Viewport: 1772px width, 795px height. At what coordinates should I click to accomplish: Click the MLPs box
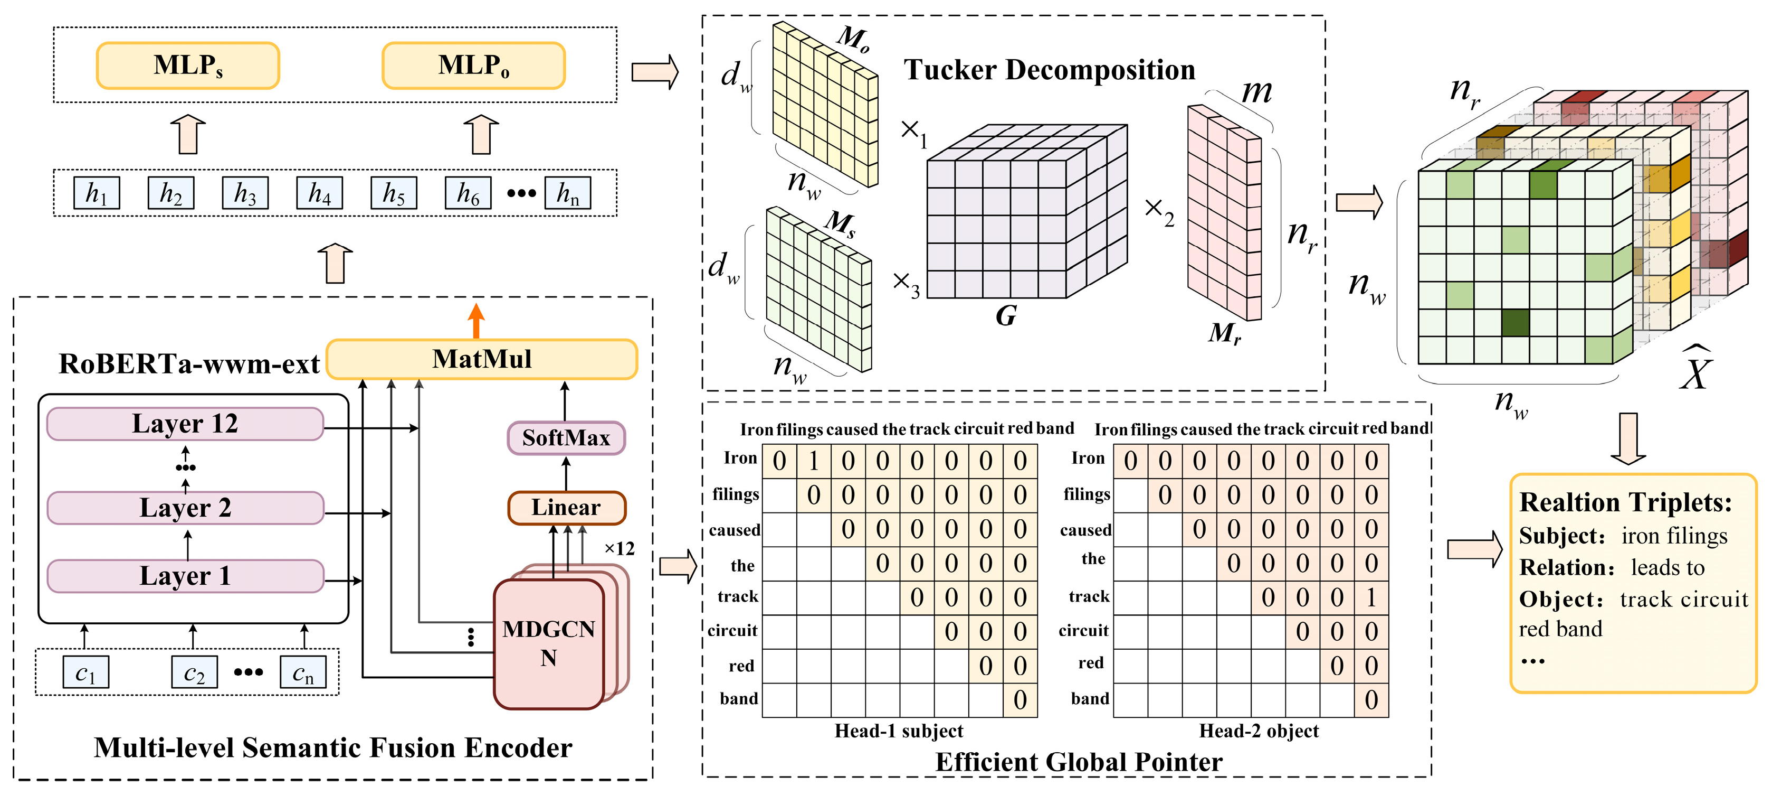pyautogui.click(x=187, y=66)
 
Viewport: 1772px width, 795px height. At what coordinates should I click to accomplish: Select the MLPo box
pyautogui.click(x=473, y=66)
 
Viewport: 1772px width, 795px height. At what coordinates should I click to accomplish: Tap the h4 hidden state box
pyautogui.click(x=319, y=193)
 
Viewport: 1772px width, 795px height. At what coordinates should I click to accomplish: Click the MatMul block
pyautogui.click(x=481, y=359)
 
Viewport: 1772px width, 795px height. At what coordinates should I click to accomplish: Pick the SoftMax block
pyautogui.click(x=566, y=438)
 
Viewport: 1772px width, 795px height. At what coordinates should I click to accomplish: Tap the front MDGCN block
pyautogui.click(x=548, y=643)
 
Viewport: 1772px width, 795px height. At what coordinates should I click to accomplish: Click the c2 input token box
pyautogui.click(x=194, y=672)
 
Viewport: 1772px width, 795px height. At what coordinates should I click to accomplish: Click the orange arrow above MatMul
pyautogui.click(x=476, y=320)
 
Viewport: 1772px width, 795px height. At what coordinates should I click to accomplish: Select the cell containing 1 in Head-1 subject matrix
pyautogui.click(x=814, y=461)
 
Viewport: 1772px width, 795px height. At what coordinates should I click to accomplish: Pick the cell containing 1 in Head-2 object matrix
pyautogui.click(x=1371, y=597)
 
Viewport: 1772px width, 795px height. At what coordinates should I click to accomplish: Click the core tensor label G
pyautogui.click(x=1006, y=316)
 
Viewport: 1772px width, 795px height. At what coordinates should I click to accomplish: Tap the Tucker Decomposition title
pyautogui.click(x=1049, y=70)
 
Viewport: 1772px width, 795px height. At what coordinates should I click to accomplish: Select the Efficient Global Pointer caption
pyautogui.click(x=1078, y=762)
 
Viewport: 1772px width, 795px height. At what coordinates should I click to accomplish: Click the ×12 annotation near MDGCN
pyautogui.click(x=619, y=549)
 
